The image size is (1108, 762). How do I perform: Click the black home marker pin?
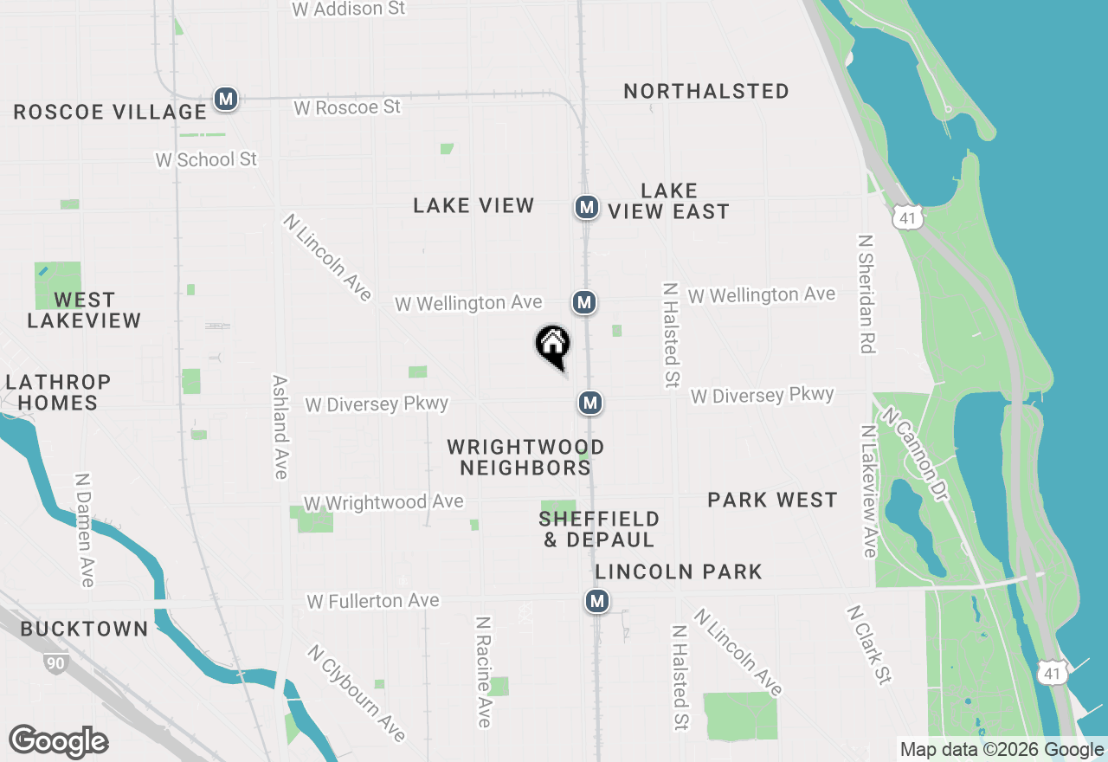pyautogui.click(x=552, y=345)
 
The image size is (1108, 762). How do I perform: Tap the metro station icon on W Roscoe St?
pyautogui.click(x=226, y=100)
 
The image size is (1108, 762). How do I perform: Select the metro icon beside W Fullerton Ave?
pyautogui.click(x=596, y=600)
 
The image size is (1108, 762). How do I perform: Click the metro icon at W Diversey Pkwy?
pyautogui.click(x=590, y=403)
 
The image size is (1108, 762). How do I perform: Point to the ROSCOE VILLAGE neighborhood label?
pyautogui.click(x=110, y=112)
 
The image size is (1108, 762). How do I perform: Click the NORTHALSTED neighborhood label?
pyautogui.click(x=705, y=91)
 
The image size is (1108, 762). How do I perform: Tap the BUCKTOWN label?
pyautogui.click(x=84, y=629)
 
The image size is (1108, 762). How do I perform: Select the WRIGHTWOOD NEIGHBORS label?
pyautogui.click(x=525, y=457)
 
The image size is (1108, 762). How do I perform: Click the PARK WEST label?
pyautogui.click(x=772, y=500)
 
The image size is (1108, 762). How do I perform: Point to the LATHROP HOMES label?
pyautogui.click(x=59, y=392)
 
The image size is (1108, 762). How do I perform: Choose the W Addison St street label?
pyautogui.click(x=349, y=10)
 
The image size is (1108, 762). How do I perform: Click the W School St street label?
pyautogui.click(x=206, y=159)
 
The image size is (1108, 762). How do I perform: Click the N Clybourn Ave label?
pyautogui.click(x=356, y=693)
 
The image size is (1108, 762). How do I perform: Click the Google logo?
pyautogui.click(x=58, y=741)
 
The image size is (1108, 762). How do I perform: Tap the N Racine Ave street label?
pyautogui.click(x=484, y=671)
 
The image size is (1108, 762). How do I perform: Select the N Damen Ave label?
pyautogui.click(x=84, y=530)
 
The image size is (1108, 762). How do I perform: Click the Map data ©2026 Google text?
pyautogui.click(x=1002, y=750)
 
